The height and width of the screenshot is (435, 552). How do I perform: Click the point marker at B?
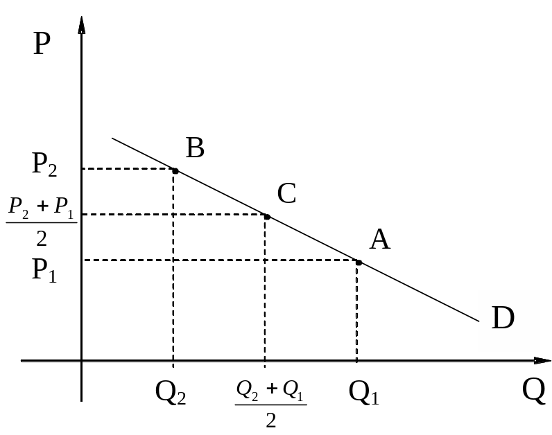coord(175,170)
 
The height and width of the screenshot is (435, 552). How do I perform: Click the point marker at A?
coord(359,262)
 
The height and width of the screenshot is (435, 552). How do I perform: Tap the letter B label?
coord(195,148)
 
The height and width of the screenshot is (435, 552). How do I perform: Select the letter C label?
coord(286,193)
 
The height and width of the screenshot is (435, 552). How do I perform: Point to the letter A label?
coord(379,240)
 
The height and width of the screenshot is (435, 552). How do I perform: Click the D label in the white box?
coord(503,318)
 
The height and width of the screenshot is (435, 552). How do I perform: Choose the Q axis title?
coord(533,391)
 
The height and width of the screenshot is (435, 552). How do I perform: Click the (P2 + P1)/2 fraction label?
coord(41,221)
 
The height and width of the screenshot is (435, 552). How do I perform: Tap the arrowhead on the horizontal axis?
coord(541,361)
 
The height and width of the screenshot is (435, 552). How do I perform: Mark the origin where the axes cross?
coord(82,361)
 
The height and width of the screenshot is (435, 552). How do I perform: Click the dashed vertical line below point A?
coord(356,312)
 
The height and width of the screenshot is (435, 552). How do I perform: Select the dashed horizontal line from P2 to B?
coord(128,168)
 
